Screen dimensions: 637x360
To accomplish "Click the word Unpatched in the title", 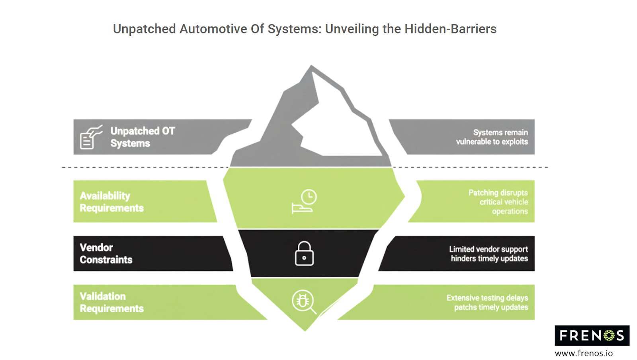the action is pos(144,29).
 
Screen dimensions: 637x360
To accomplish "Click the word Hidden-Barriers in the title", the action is pos(450,29).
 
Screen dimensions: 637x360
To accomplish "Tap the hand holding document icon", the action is pos(91,137).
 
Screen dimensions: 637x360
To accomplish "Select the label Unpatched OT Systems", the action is pos(143,137).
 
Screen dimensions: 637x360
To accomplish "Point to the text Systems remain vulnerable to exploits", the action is pos(492,137).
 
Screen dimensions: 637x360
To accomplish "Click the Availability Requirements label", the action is pos(112,202).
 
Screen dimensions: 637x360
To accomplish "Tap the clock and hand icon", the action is pos(304,202).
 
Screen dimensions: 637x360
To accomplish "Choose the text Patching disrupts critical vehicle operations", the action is pos(498,202).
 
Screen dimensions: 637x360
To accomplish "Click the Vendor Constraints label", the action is pos(106,254).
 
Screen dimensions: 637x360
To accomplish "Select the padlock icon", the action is pos(304,253).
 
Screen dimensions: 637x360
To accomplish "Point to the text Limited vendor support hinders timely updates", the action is pos(488,254).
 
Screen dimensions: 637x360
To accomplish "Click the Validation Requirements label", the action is pos(112,303).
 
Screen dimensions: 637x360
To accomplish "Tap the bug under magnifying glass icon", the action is pos(304,301).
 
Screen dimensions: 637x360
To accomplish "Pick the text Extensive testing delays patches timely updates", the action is pos(487,303).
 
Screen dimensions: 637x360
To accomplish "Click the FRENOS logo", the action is pos(592,336).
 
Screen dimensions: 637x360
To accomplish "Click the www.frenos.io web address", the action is pos(584,353).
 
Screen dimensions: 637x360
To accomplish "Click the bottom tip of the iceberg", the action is pos(305,331).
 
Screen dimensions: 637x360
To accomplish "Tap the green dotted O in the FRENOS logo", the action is pos(609,336).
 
